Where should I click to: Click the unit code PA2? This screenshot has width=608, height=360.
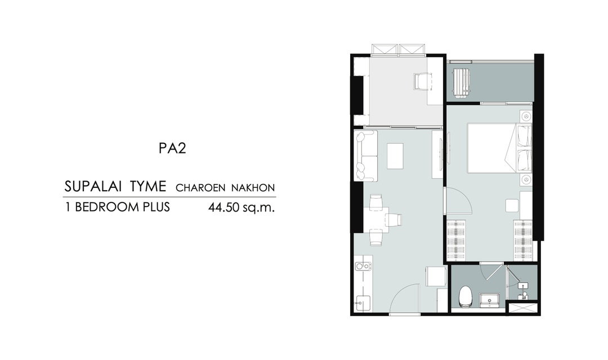[x=172, y=148]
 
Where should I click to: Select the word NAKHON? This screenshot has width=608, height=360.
[x=253, y=188]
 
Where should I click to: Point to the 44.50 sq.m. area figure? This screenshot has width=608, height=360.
[x=241, y=208]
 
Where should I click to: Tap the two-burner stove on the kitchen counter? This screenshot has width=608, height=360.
[x=92, y=266]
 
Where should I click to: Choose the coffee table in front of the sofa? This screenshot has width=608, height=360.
[x=395, y=156]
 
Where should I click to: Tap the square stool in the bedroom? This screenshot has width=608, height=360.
[x=512, y=205]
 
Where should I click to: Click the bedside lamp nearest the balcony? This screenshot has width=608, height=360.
[x=525, y=116]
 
